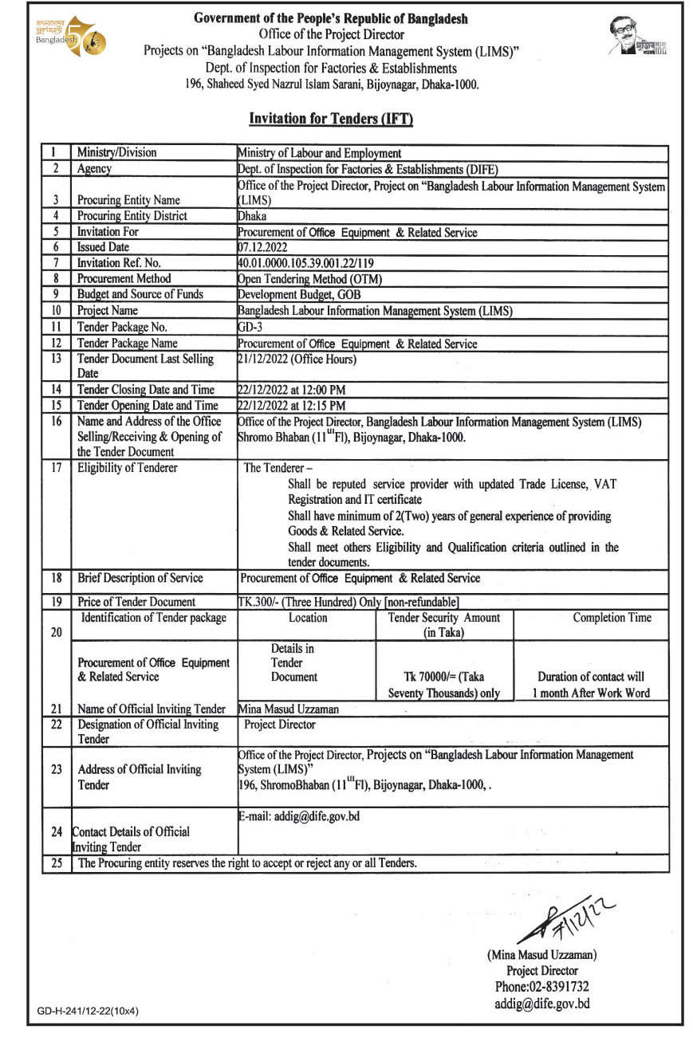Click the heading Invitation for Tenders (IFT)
pyautogui.click(x=331, y=119)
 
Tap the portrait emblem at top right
pyautogui.click(x=637, y=37)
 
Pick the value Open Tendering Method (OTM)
pyautogui.click(x=310, y=278)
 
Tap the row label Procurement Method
pyautogui.click(x=124, y=278)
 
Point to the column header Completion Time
pyautogui.click(x=612, y=618)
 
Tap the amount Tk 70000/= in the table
pyautogui.click(x=444, y=678)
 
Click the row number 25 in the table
pyautogui.click(x=57, y=862)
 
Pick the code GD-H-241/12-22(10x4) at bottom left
pyautogui.click(x=88, y=1012)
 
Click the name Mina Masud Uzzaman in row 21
pyautogui.click(x=289, y=709)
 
